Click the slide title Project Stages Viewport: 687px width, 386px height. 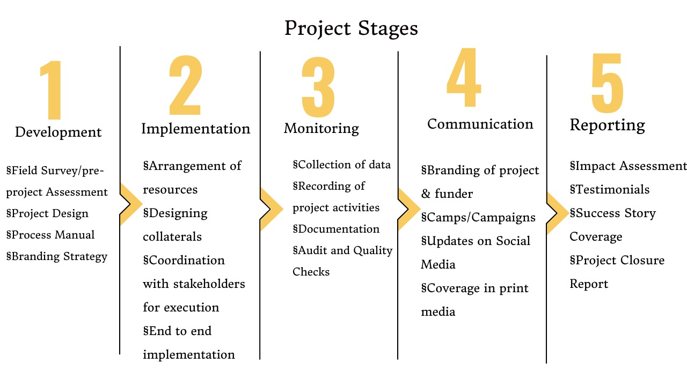pyautogui.click(x=351, y=28)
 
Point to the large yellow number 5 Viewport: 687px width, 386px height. pyautogui.click(x=607, y=83)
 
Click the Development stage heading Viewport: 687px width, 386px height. pyautogui.click(x=59, y=132)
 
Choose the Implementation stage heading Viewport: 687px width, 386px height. pyautogui.click(x=196, y=129)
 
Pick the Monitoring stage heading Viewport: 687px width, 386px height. pyautogui.click(x=321, y=128)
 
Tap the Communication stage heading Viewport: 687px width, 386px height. pyautogui.click(x=480, y=124)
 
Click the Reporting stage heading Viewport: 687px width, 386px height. pyautogui.click(x=607, y=125)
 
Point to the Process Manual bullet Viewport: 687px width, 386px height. pyautogui.click(x=50, y=235)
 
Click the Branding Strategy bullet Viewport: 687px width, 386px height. pyautogui.click(x=57, y=257)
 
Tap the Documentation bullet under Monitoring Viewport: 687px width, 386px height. pyautogui.click(x=336, y=229)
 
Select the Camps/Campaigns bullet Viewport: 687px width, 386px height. pyautogui.click(x=478, y=218)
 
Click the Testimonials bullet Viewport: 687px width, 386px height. pyautogui.click(x=610, y=189)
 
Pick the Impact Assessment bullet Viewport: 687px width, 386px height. pyautogui.click(x=628, y=166)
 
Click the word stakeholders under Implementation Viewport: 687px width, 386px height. pyautogui.click(x=209, y=284)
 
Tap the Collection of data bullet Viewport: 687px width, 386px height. pyautogui.click(x=342, y=165)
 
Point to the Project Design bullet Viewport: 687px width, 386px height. pyautogui.click(x=47, y=214)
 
